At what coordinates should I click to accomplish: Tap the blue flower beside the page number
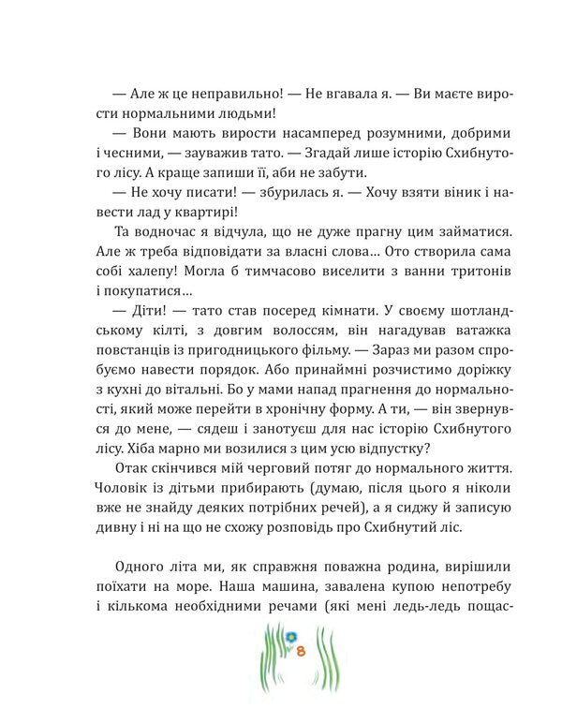(290, 636)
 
